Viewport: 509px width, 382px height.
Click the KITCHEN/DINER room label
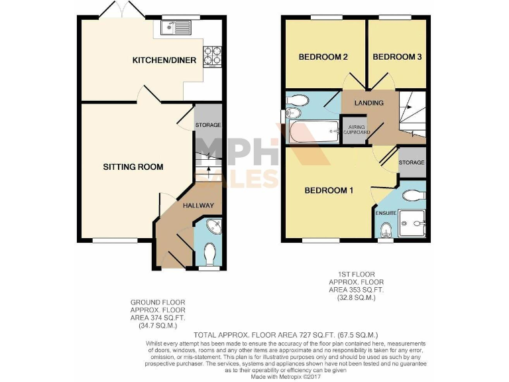(164, 60)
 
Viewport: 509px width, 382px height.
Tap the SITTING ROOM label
(133, 166)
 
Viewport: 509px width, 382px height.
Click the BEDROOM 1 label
(328, 191)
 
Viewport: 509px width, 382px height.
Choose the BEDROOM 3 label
(397, 57)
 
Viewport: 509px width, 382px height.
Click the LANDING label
(369, 103)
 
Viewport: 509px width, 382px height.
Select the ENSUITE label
(386, 213)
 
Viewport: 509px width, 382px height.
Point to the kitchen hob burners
(213, 53)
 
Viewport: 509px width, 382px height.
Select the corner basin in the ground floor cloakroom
(213, 227)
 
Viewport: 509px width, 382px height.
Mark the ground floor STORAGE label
(207, 125)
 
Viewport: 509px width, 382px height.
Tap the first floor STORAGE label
(412, 162)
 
